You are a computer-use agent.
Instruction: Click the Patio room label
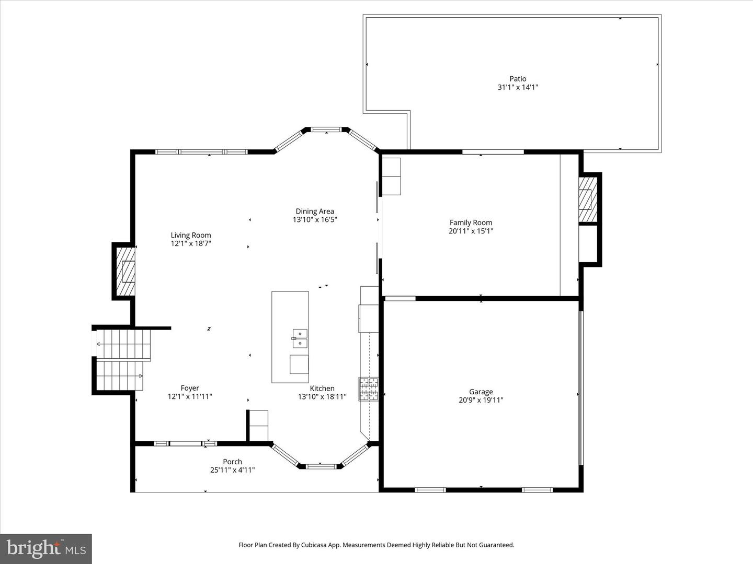(518, 79)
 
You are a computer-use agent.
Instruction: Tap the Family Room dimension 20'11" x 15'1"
(471, 231)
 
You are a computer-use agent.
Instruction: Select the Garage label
(481, 392)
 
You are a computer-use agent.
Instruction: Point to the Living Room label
(191, 235)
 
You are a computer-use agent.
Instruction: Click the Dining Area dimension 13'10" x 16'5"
(315, 220)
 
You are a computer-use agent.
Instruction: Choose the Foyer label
(190, 388)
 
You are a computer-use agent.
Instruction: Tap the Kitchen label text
(322, 388)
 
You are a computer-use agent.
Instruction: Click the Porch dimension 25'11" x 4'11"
(232, 470)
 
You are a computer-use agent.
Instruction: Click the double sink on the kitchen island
(300, 338)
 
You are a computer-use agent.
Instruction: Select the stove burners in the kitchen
(368, 389)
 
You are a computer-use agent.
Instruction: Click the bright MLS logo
(46, 548)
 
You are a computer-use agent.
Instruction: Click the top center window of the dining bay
(326, 128)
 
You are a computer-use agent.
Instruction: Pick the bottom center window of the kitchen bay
(321, 466)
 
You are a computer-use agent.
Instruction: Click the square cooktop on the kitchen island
(299, 364)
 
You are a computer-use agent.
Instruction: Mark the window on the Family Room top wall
(493, 152)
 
